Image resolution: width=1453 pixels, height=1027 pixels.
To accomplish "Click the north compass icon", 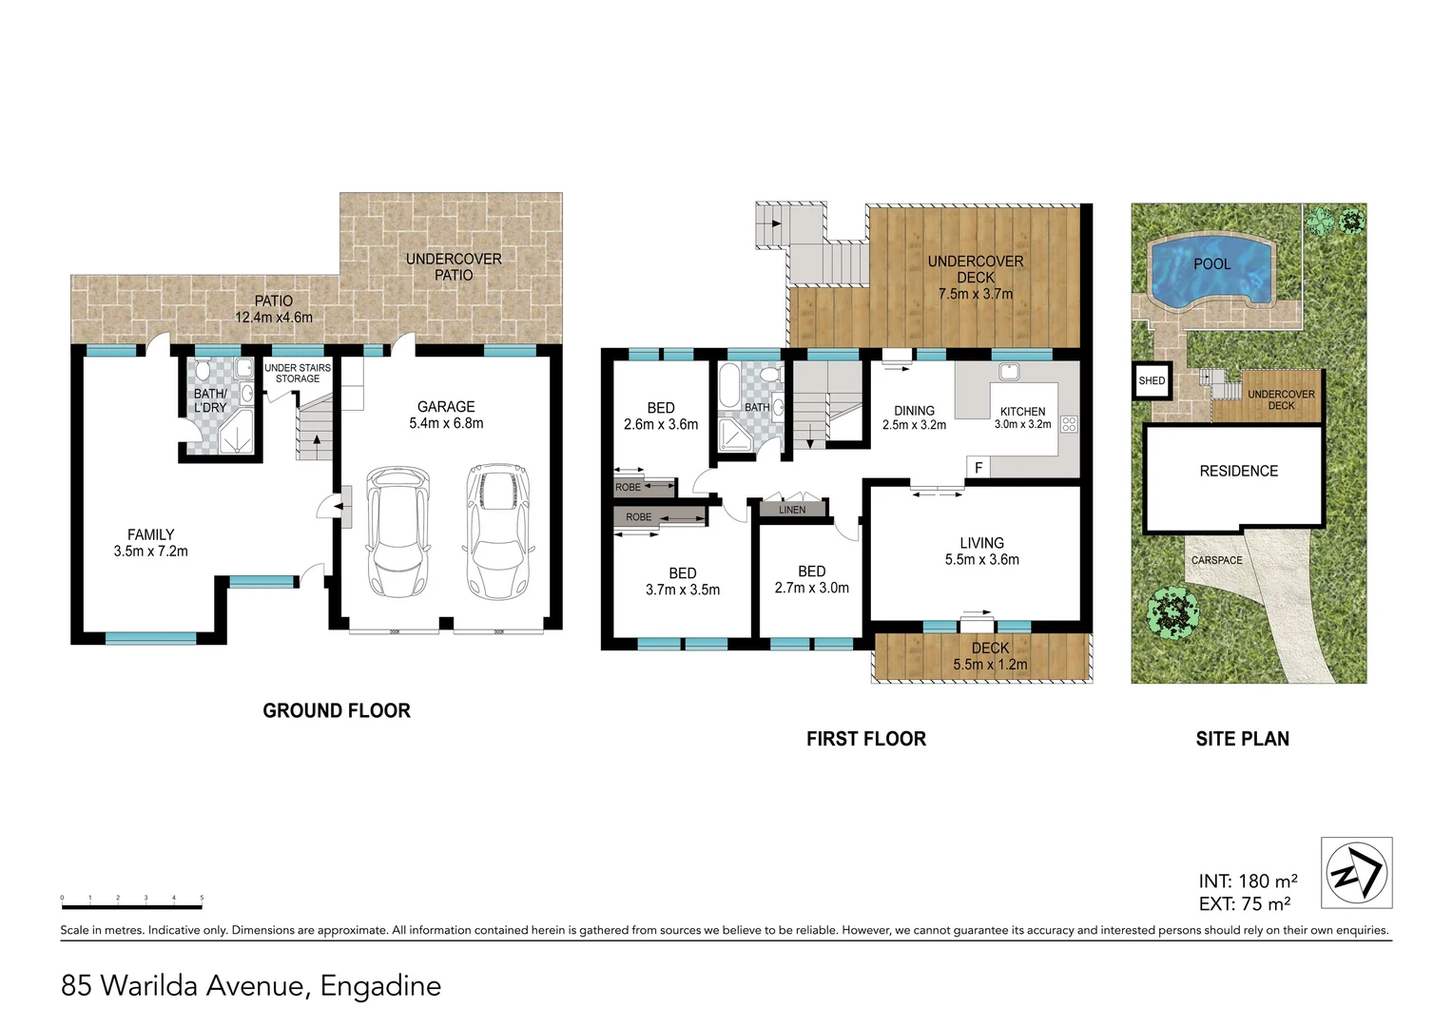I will [1357, 873].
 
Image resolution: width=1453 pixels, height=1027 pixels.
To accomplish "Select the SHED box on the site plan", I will [1152, 381].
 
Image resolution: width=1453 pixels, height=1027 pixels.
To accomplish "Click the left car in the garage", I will [398, 529].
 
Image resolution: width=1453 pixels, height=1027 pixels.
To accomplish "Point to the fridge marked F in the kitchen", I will [977, 467].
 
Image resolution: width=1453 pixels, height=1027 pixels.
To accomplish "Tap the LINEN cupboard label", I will [791, 510].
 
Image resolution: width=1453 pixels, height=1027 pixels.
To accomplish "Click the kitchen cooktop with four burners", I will [1068, 424].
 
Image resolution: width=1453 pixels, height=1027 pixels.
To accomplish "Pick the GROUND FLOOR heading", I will [337, 710].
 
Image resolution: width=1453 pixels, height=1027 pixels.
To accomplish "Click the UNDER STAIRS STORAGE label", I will [298, 373].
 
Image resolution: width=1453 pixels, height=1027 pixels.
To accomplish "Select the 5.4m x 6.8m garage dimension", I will [446, 423].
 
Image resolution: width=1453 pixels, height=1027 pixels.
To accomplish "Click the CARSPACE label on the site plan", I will [1216, 560].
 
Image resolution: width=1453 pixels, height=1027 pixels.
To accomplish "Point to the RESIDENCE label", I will [1238, 471].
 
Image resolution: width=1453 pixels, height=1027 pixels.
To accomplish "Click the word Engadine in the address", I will [380, 985].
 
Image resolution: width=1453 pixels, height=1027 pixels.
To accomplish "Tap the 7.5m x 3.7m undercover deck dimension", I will [976, 294].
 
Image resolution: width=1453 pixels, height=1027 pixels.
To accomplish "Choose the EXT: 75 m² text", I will [1245, 903].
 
